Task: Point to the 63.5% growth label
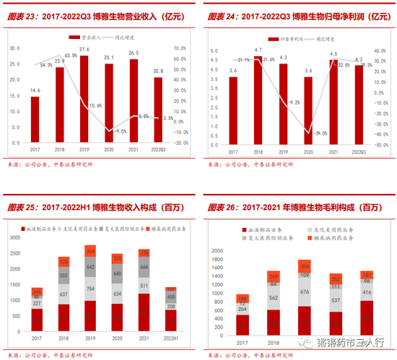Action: click(x=71, y=56)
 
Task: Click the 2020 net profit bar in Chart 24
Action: click(x=308, y=109)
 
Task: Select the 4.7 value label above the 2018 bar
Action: click(x=258, y=50)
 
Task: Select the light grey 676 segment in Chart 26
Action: click(x=284, y=292)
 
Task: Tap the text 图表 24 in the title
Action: click(x=216, y=14)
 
